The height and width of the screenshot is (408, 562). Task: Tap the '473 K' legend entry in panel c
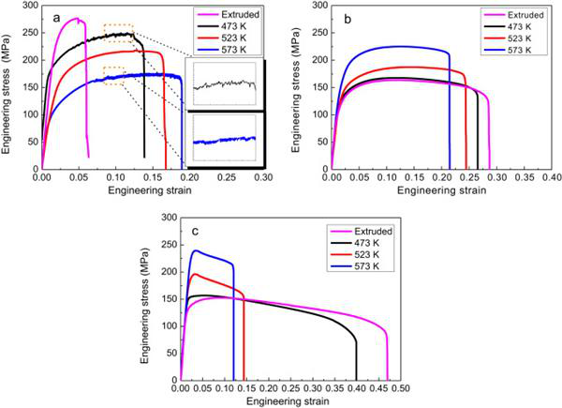(367, 241)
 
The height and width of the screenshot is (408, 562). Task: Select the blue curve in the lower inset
(224, 140)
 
